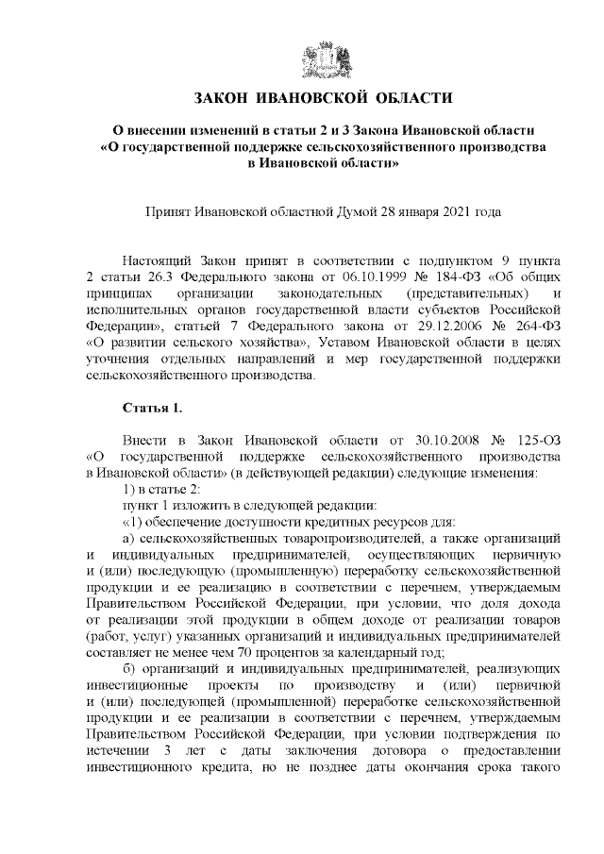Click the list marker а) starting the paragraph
click(x=131, y=537)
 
